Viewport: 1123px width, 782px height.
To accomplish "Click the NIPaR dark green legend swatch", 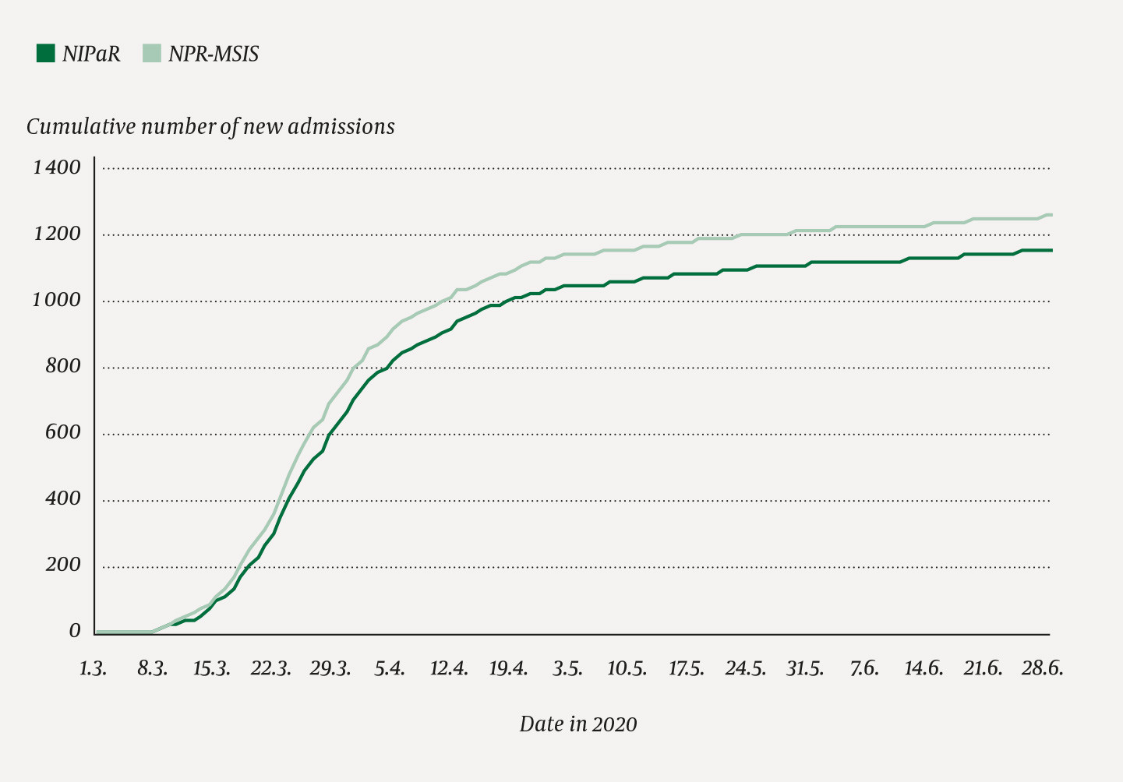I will click(46, 54).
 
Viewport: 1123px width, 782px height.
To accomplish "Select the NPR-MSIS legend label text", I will click(214, 55).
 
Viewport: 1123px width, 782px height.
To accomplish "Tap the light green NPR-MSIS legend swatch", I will click(151, 54).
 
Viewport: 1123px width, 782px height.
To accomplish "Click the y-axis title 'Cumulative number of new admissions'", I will click(210, 127).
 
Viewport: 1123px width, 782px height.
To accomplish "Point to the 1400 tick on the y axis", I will click(56, 167).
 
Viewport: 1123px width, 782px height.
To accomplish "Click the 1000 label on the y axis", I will click(56, 301).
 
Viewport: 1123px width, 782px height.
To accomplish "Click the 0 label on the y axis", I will click(75, 632).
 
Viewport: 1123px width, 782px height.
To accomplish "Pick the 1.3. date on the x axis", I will click(93, 669).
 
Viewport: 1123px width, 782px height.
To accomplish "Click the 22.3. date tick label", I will click(270, 669).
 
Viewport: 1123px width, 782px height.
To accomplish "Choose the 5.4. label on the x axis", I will click(390, 669).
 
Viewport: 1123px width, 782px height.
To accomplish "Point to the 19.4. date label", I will click(508, 669).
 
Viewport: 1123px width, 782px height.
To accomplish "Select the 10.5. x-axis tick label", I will click(627, 669).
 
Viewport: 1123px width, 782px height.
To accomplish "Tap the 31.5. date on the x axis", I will click(804, 669).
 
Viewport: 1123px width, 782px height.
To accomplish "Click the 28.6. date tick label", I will click(1042, 669).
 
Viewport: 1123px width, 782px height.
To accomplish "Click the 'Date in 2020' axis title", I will click(578, 724).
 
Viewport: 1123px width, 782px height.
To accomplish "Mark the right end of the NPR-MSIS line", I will click(1051, 215).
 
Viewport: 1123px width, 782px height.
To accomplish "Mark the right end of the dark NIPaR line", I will click(1051, 250).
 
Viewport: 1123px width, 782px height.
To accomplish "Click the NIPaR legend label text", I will click(91, 55).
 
